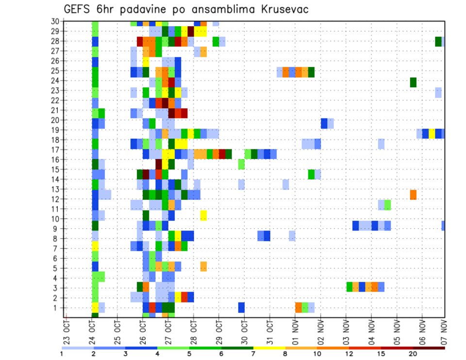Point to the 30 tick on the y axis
tap(55, 21)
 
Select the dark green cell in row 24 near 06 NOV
tap(413, 82)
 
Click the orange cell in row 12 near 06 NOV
tap(413, 195)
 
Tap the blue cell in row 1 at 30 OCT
tap(241, 308)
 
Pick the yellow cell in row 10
tap(203, 215)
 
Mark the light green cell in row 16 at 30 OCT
tap(241, 164)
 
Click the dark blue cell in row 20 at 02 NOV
tap(324, 123)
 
